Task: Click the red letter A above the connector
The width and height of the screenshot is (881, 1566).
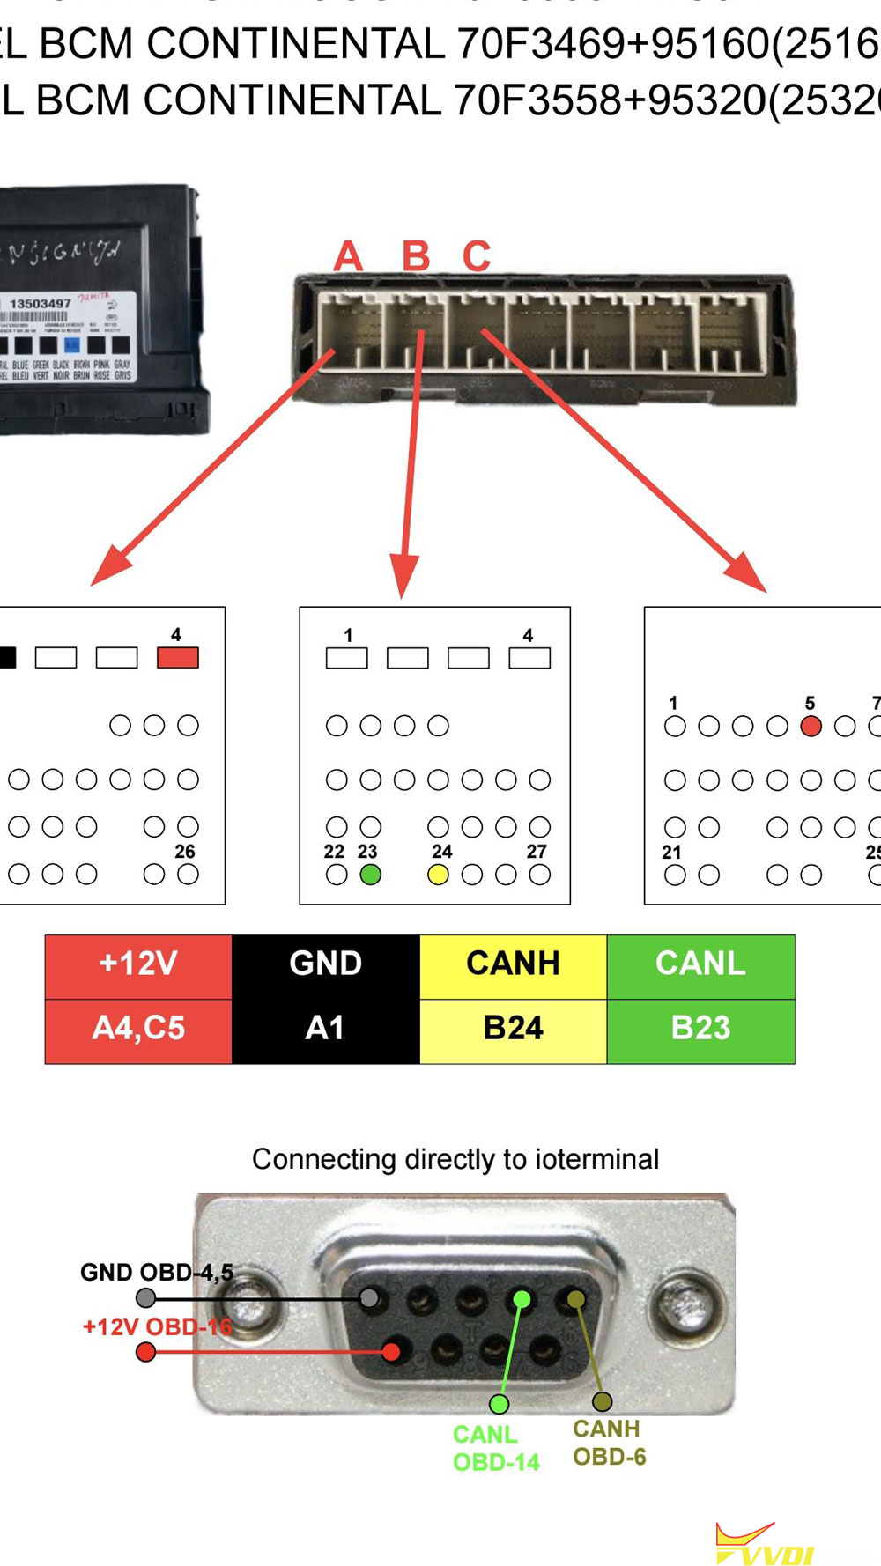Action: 349,256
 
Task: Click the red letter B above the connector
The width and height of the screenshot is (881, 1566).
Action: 416,256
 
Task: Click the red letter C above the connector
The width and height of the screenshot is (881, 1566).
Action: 477,256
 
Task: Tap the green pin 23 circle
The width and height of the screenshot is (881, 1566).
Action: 371,875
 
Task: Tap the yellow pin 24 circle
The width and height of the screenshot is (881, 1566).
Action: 438,875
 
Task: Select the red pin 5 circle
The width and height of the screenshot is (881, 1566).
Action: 811,726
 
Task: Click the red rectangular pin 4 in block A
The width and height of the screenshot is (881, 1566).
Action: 177,657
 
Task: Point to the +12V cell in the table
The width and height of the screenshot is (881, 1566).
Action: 138,964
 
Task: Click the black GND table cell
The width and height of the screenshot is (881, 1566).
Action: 325,964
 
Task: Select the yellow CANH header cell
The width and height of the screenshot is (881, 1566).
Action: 513,964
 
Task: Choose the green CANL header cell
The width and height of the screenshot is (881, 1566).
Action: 700,964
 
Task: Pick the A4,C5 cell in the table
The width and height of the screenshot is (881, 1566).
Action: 138,1028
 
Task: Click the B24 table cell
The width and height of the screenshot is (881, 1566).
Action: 513,1028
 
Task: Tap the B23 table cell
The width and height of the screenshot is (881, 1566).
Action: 700,1028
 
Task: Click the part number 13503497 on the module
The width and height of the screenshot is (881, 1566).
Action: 41,304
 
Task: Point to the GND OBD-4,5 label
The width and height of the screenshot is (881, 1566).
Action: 156,1272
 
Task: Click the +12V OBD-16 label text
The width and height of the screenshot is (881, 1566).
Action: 157,1326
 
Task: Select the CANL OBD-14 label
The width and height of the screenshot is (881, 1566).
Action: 495,1448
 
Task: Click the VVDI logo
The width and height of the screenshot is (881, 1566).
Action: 765,1545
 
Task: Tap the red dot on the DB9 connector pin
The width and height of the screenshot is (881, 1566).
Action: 392,1351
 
